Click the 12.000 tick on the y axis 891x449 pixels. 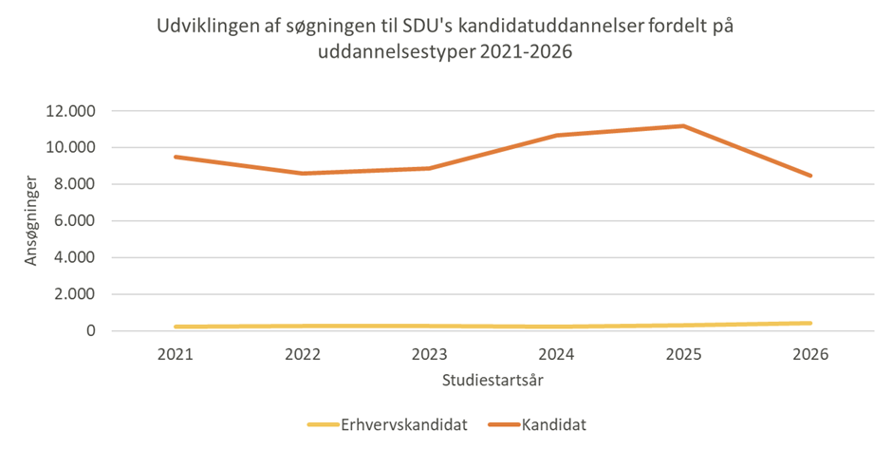tap(70, 111)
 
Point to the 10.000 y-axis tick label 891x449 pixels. tap(70, 148)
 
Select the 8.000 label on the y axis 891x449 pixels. tap(74, 184)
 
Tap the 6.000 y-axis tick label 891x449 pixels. tap(74, 221)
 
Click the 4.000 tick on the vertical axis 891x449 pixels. tap(74, 257)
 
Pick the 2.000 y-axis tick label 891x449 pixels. tap(74, 294)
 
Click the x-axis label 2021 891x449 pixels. tap(176, 355)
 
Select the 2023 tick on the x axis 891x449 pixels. tap(430, 355)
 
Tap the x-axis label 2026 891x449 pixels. tap(810, 355)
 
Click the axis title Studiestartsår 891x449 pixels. tap(492, 381)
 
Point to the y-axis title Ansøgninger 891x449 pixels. tap(31, 220)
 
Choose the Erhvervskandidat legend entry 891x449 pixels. tap(403, 425)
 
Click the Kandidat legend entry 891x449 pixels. tap(553, 425)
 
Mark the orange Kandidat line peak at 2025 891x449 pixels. tap(683, 126)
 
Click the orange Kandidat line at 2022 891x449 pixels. tap(303, 174)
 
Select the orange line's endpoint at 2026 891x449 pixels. tap(810, 176)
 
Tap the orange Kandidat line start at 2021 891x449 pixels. tap(176, 157)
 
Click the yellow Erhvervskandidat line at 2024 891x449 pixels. tap(557, 327)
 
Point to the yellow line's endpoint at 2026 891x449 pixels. tap(810, 323)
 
